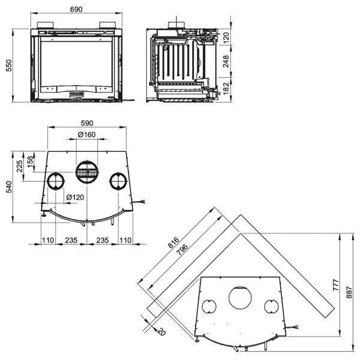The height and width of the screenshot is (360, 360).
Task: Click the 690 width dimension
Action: click(x=76, y=10)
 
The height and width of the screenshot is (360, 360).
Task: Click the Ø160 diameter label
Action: click(x=86, y=134)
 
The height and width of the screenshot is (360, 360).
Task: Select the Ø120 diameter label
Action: click(x=75, y=197)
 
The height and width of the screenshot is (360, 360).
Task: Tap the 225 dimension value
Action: click(x=19, y=165)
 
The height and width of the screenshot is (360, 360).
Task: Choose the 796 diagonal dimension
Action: click(x=182, y=251)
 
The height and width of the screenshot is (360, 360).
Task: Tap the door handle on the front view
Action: click(x=76, y=94)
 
